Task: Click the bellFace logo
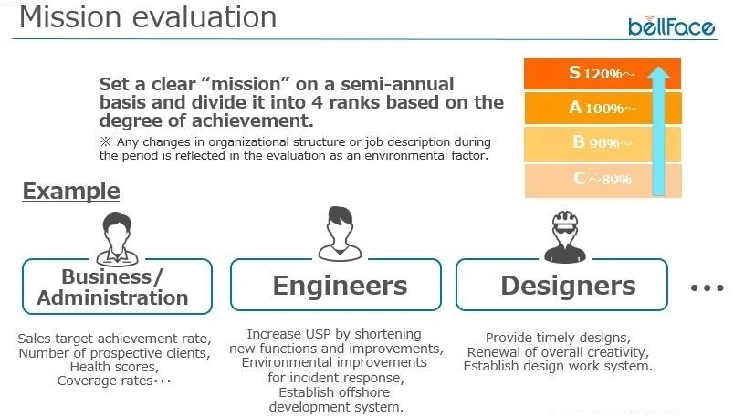tap(671, 26)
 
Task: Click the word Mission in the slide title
tap(70, 17)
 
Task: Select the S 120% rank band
tap(603, 74)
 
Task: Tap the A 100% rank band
tap(603, 108)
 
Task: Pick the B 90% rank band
tap(603, 143)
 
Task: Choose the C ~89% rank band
tap(603, 180)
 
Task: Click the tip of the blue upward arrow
tap(659, 67)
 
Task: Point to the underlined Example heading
tap(71, 192)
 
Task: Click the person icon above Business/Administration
tap(117, 239)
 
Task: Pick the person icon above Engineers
tap(340, 234)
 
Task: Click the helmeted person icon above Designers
tap(565, 236)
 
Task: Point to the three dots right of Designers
tap(708, 287)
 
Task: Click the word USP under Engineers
tap(319, 334)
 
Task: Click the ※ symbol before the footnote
tap(105, 141)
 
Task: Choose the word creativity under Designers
tap(618, 352)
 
